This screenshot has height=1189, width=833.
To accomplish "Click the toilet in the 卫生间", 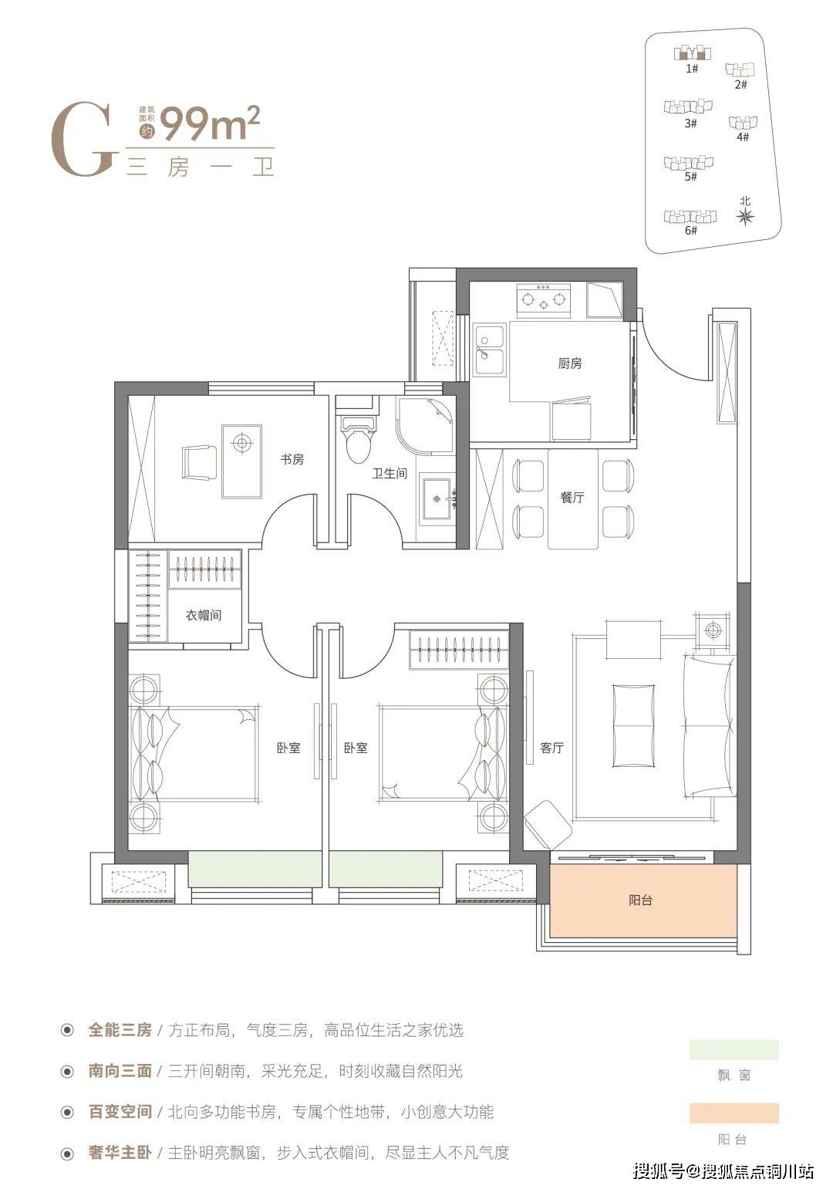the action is pyautogui.click(x=359, y=434).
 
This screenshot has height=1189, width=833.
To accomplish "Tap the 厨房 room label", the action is pyautogui.click(x=569, y=363).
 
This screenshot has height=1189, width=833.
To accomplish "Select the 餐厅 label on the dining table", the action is pyautogui.click(x=572, y=498).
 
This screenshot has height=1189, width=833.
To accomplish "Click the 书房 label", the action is pyautogui.click(x=292, y=459).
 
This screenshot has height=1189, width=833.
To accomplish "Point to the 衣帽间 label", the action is pyautogui.click(x=203, y=615).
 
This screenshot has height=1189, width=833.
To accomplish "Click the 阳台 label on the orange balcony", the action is pyautogui.click(x=640, y=900).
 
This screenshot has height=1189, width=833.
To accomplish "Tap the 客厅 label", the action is pyautogui.click(x=551, y=748).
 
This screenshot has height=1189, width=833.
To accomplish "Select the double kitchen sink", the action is pyautogui.click(x=489, y=350).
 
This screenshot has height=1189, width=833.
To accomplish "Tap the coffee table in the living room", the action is pyautogui.click(x=633, y=725).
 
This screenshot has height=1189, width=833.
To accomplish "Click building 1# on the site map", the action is pyautogui.click(x=692, y=53).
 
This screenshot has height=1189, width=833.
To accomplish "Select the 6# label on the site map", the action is pyautogui.click(x=690, y=230).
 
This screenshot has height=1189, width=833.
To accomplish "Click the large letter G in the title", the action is pyautogui.click(x=85, y=140).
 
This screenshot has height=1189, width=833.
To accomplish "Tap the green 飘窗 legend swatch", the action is pyautogui.click(x=734, y=1050).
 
